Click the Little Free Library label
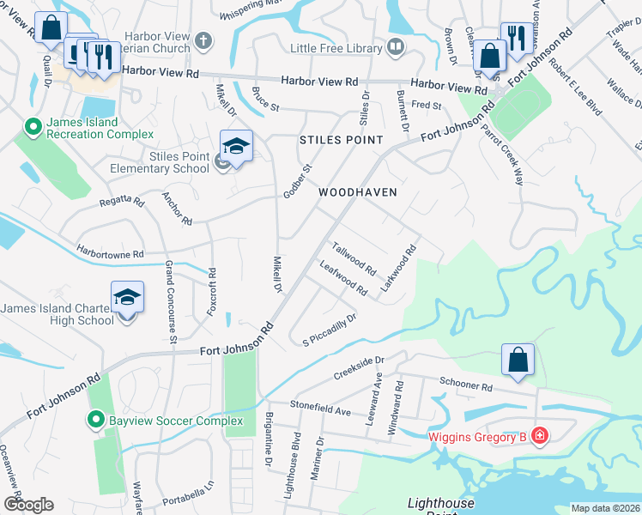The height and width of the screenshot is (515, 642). tap(336, 48)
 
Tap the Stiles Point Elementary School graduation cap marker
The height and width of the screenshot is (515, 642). tap(236, 145)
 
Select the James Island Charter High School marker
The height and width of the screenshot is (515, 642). tap(127, 298)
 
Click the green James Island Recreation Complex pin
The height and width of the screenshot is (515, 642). tap(33, 128)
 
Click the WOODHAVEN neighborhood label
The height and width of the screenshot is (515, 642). tap(358, 192)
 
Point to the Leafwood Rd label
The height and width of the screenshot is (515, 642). tap(342, 276)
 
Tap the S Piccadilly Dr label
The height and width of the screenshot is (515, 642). tap(329, 331)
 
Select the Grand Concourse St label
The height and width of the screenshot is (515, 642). tap(171, 302)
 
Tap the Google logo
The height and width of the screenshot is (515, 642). tap(28, 505)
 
